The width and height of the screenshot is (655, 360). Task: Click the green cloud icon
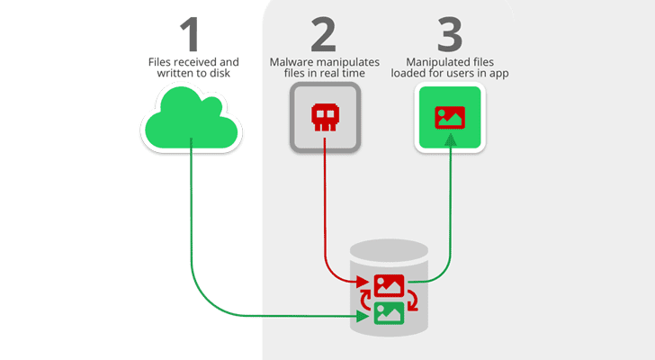pos(192,120)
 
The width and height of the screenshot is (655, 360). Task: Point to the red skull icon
pos(325,117)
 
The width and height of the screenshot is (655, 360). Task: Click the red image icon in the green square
pos(449,117)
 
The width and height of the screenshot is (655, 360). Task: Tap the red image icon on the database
pos(390,285)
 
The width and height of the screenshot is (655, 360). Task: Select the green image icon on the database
pos(390,313)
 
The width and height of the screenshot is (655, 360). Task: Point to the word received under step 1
pos(196,61)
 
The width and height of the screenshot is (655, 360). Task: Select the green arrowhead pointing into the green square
pos(449,139)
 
